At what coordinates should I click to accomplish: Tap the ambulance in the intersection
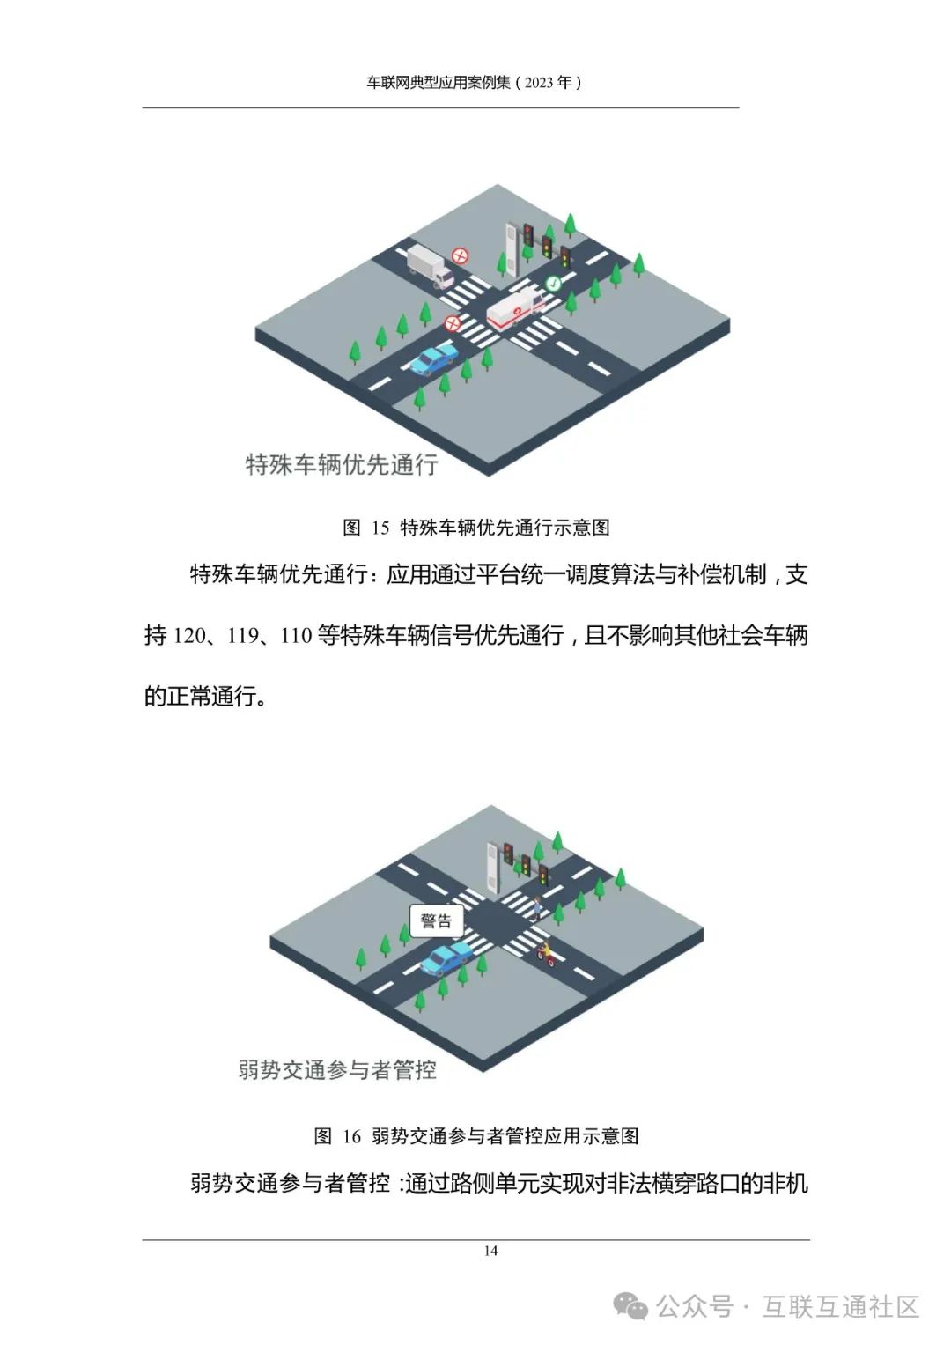click(x=516, y=308)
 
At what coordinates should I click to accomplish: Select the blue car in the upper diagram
click(x=434, y=358)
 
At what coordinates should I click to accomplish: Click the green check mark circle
click(x=553, y=284)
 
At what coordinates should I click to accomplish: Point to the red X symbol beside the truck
click(x=460, y=255)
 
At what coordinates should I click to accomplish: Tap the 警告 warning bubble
click(x=436, y=921)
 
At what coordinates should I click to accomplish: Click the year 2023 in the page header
click(x=539, y=83)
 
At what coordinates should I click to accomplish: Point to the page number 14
click(x=490, y=1251)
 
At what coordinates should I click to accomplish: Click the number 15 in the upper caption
click(x=380, y=528)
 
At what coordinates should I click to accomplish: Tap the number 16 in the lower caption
click(x=351, y=1136)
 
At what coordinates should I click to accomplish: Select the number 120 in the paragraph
click(x=188, y=636)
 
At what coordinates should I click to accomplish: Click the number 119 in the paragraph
click(x=241, y=636)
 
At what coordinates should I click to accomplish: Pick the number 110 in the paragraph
click(x=296, y=636)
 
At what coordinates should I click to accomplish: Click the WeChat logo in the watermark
click(x=631, y=1306)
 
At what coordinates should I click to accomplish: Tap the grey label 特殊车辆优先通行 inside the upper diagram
click(x=342, y=464)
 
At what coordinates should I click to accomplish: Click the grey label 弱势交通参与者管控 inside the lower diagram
click(x=337, y=1070)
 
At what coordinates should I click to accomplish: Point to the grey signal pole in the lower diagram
click(x=493, y=868)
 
